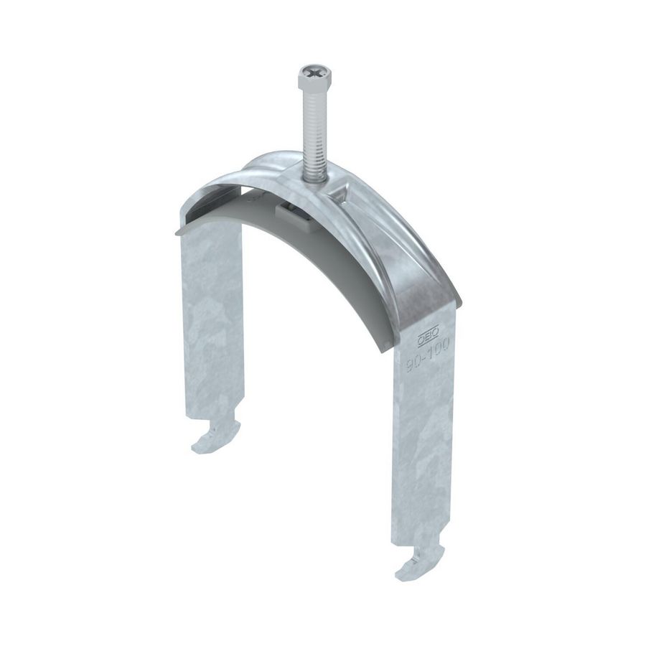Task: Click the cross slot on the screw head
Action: coord(314,72)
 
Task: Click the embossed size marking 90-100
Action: coord(426,353)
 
